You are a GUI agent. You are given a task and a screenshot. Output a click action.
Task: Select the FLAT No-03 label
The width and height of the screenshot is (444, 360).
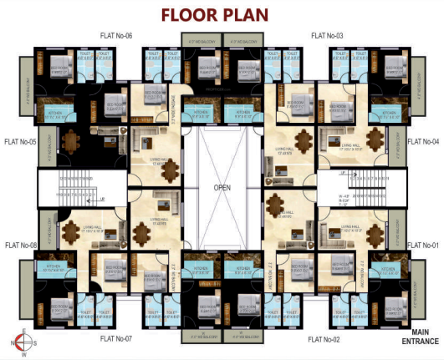pyautogui.click(x=328, y=36)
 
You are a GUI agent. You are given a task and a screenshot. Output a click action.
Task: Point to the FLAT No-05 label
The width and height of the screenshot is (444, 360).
pyautogui.click(x=21, y=141)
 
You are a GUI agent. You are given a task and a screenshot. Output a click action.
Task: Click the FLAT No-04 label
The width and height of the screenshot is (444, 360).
pyautogui.click(x=423, y=141)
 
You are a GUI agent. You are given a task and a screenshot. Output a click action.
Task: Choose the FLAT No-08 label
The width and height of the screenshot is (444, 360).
pyautogui.click(x=21, y=245)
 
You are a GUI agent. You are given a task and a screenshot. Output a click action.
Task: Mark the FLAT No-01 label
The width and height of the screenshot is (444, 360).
pyautogui.click(x=423, y=245)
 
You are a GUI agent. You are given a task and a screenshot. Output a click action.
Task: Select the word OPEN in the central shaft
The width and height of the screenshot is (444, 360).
pyautogui.click(x=222, y=188)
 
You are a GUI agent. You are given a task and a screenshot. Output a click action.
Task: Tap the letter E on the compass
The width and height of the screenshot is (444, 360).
pyautogui.click(x=24, y=331)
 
